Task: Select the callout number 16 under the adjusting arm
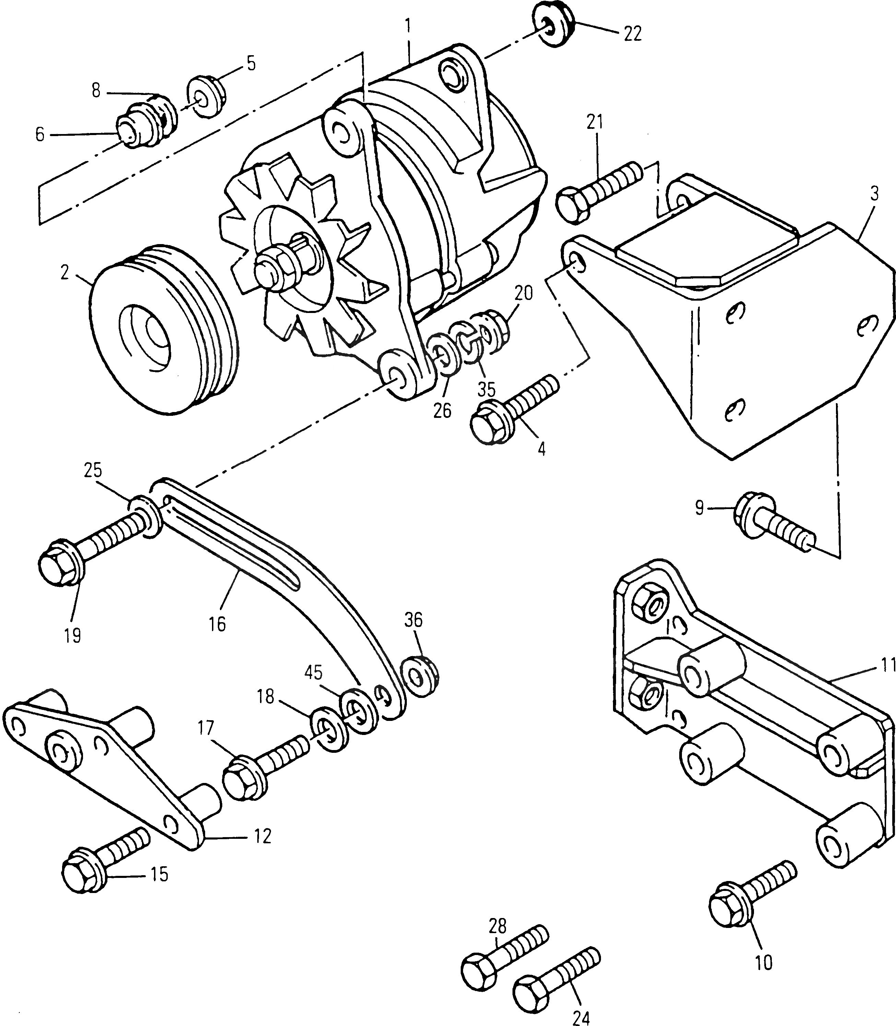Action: (x=217, y=625)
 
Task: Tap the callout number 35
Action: (x=486, y=388)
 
